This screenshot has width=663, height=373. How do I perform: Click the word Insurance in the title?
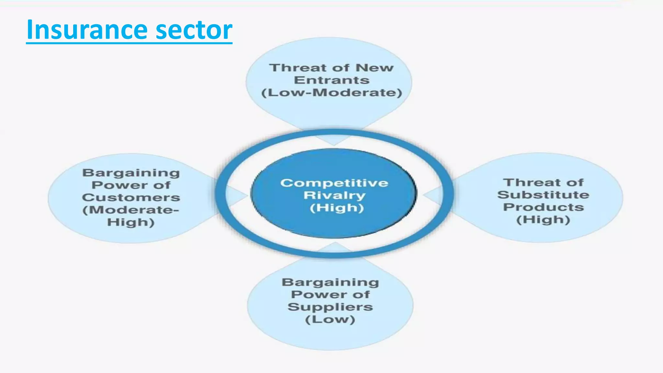point(86,30)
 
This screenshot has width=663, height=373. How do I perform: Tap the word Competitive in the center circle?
point(334,183)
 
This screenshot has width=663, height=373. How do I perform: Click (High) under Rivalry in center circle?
point(337,208)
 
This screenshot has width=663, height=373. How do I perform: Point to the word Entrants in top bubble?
point(331,80)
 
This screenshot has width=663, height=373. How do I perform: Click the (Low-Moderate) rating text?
point(331,93)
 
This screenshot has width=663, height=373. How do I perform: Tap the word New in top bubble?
point(375,68)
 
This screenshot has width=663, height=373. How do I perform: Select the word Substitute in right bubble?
point(543,195)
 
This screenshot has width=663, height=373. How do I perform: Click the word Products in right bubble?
point(543,207)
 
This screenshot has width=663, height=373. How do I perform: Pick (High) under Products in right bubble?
point(543,220)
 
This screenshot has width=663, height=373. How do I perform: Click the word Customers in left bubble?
point(131,198)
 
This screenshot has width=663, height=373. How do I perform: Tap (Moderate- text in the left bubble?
point(131,210)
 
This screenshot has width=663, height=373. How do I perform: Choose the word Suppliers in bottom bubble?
point(330,307)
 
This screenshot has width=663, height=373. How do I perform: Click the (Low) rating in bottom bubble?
point(330,320)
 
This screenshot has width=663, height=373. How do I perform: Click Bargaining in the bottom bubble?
point(330,282)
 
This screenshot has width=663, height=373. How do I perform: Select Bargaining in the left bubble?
point(131,173)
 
